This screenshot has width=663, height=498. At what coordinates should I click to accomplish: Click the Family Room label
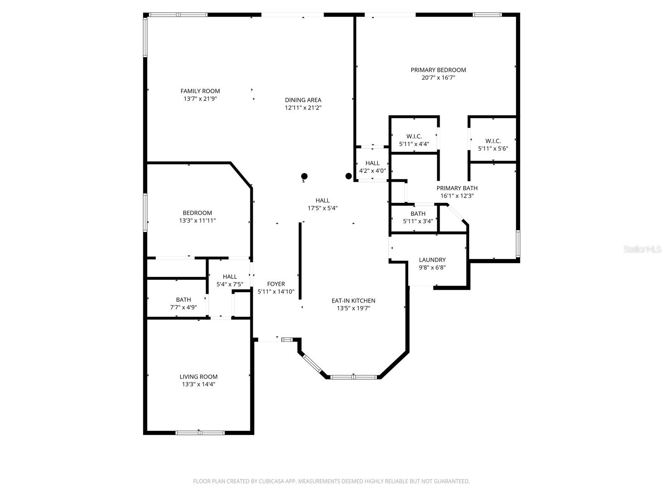click(200, 91)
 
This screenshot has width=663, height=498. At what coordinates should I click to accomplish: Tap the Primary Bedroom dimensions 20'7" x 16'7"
click(438, 78)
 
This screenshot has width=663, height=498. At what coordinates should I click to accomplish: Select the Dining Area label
click(303, 100)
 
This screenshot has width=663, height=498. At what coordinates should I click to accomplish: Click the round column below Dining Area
click(304, 176)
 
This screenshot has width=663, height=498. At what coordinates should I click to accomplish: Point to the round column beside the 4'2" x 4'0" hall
click(348, 176)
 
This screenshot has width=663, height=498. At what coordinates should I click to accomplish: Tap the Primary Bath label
click(457, 188)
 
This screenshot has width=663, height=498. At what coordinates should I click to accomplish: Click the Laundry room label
click(432, 260)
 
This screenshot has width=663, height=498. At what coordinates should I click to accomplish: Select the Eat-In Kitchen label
click(353, 301)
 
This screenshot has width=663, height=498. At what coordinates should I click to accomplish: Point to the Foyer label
click(276, 284)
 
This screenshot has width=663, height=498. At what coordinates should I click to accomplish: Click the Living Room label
click(198, 377)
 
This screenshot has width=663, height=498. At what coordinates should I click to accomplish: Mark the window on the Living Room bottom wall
click(200, 432)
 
